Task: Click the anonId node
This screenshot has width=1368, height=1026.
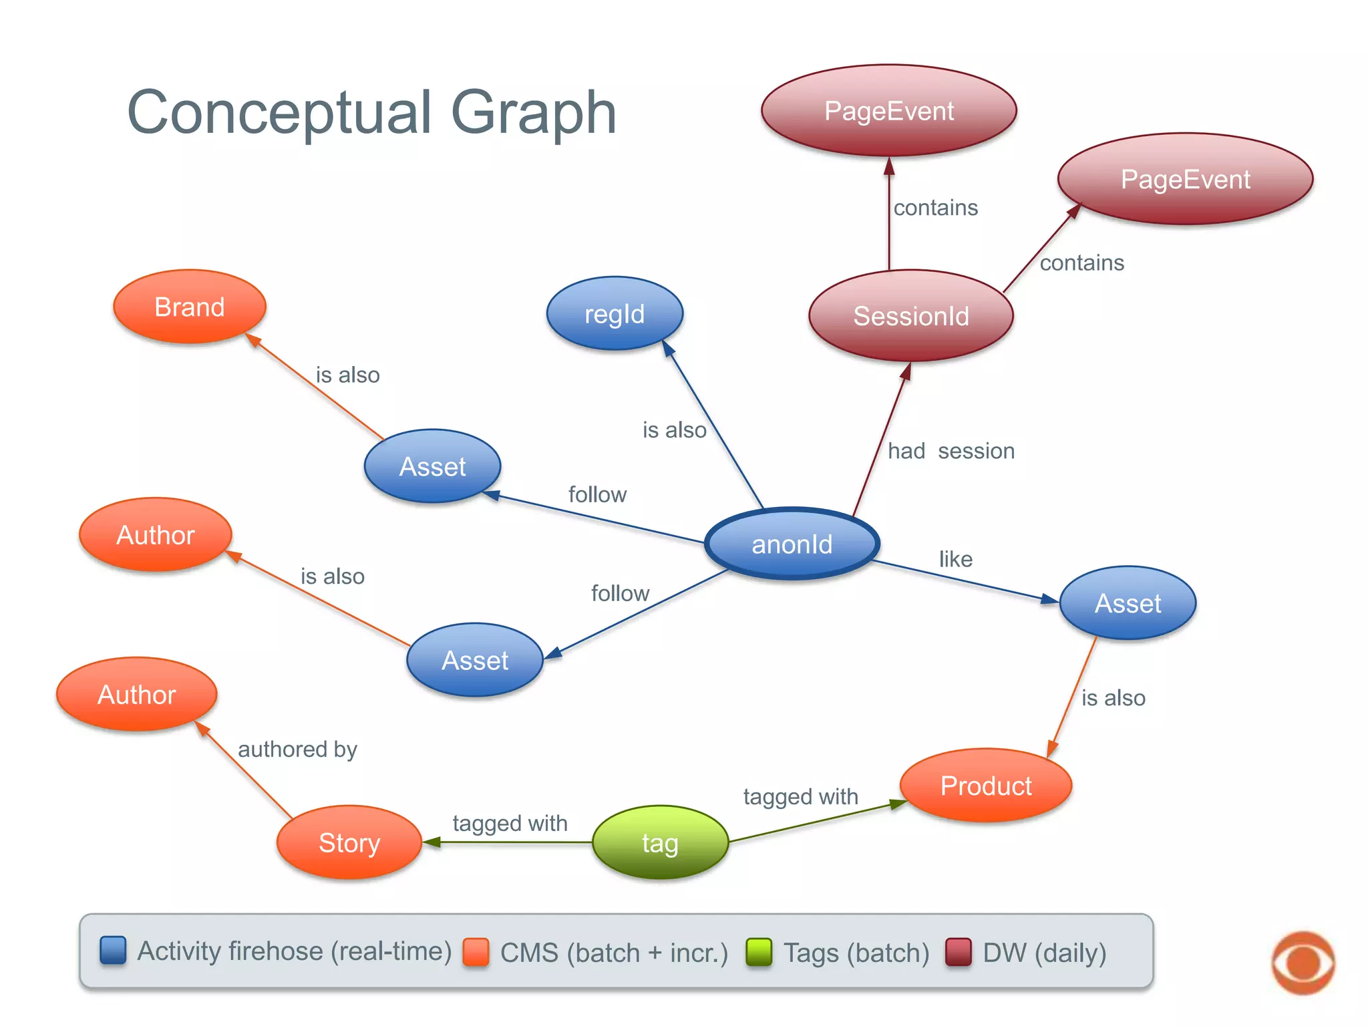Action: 792,544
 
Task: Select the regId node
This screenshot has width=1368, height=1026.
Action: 615,313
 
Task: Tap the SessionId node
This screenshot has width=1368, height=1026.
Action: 910,315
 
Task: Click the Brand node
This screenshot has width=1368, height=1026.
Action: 190,307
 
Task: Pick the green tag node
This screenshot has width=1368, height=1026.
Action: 660,842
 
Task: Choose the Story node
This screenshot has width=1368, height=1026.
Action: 349,842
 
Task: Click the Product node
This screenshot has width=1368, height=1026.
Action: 986,786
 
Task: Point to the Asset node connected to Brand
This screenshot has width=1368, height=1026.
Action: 432,466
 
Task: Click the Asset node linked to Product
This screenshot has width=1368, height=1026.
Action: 1128,603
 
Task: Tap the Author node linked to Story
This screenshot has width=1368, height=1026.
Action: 137,695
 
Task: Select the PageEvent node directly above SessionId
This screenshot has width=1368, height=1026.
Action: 889,111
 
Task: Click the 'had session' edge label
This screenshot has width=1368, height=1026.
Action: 951,451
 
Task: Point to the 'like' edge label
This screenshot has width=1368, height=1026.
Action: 955,559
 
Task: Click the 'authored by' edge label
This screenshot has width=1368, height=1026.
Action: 297,749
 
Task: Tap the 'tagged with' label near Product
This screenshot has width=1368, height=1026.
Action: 800,796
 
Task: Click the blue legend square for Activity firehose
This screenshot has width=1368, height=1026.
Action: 113,951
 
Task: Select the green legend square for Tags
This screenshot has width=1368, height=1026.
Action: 759,952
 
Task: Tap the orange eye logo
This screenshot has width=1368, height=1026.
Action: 1303,963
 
